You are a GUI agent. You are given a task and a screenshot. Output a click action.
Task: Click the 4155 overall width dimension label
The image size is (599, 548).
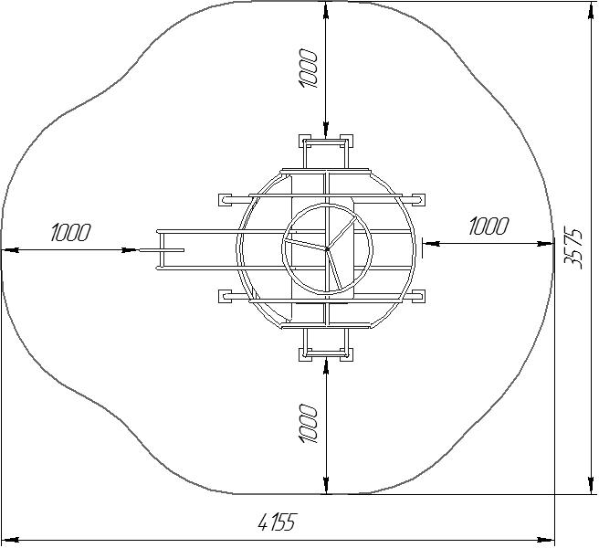click(278, 522)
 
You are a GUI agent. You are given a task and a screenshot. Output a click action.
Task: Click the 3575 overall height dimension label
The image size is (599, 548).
click(573, 248)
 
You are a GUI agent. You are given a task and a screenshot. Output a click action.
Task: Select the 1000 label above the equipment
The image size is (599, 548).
click(308, 68)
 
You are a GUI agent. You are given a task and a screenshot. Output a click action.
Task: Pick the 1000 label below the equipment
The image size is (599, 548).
click(308, 424)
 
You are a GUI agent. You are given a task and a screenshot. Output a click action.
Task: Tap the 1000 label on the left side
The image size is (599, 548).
click(71, 232)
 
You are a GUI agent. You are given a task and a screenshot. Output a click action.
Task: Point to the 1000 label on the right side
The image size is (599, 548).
click(489, 226)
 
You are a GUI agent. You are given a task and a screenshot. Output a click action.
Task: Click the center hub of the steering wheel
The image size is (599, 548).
click(327, 249)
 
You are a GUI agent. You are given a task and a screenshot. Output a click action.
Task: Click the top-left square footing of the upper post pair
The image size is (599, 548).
click(305, 141)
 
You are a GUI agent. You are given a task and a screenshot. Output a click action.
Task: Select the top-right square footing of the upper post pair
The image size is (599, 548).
click(346, 141)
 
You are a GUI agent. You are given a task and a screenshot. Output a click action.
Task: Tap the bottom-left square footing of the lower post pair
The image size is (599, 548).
click(305, 354)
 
